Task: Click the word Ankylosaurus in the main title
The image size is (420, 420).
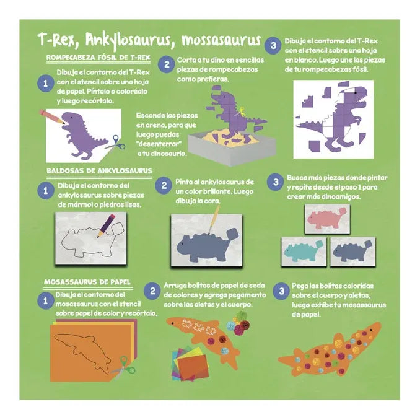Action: point(128,41)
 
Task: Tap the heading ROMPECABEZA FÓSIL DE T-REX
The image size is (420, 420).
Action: point(98,58)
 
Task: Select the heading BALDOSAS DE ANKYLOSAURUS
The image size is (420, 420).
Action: point(99,171)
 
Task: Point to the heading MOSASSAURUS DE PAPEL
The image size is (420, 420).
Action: point(87,282)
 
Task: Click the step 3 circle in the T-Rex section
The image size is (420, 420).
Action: point(273,45)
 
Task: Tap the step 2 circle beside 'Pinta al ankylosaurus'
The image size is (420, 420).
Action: point(164,186)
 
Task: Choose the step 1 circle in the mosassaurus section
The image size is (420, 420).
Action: point(46,300)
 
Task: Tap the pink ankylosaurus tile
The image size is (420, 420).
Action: point(327,219)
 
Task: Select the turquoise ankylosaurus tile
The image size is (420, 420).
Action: point(304,252)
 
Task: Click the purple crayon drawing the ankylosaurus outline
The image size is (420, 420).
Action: point(106,225)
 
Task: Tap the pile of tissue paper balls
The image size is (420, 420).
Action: point(238,323)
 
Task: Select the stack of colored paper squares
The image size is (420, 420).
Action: point(190,364)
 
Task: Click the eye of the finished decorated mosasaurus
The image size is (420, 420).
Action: point(371,329)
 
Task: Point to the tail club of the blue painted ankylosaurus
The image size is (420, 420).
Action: point(232,234)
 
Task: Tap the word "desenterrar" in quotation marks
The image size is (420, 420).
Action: point(159,144)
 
